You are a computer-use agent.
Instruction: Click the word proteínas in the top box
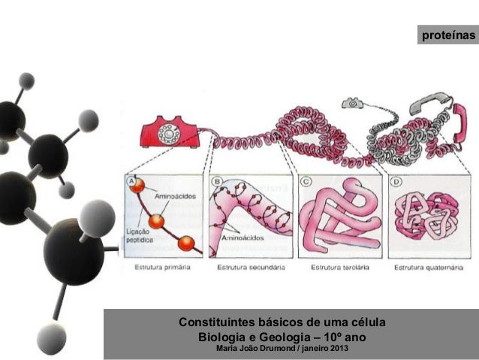coord(448,35)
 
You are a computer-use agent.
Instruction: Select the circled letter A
coord(132,183)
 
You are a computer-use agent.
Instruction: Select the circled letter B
coord(218,183)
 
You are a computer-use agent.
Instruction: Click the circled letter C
coord(306,183)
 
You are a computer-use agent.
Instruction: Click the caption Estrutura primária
coord(161,267)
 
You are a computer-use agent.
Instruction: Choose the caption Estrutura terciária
coord(335,267)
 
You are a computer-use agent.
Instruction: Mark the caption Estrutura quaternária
coord(426,267)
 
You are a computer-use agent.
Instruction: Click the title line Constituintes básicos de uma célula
coord(281,323)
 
